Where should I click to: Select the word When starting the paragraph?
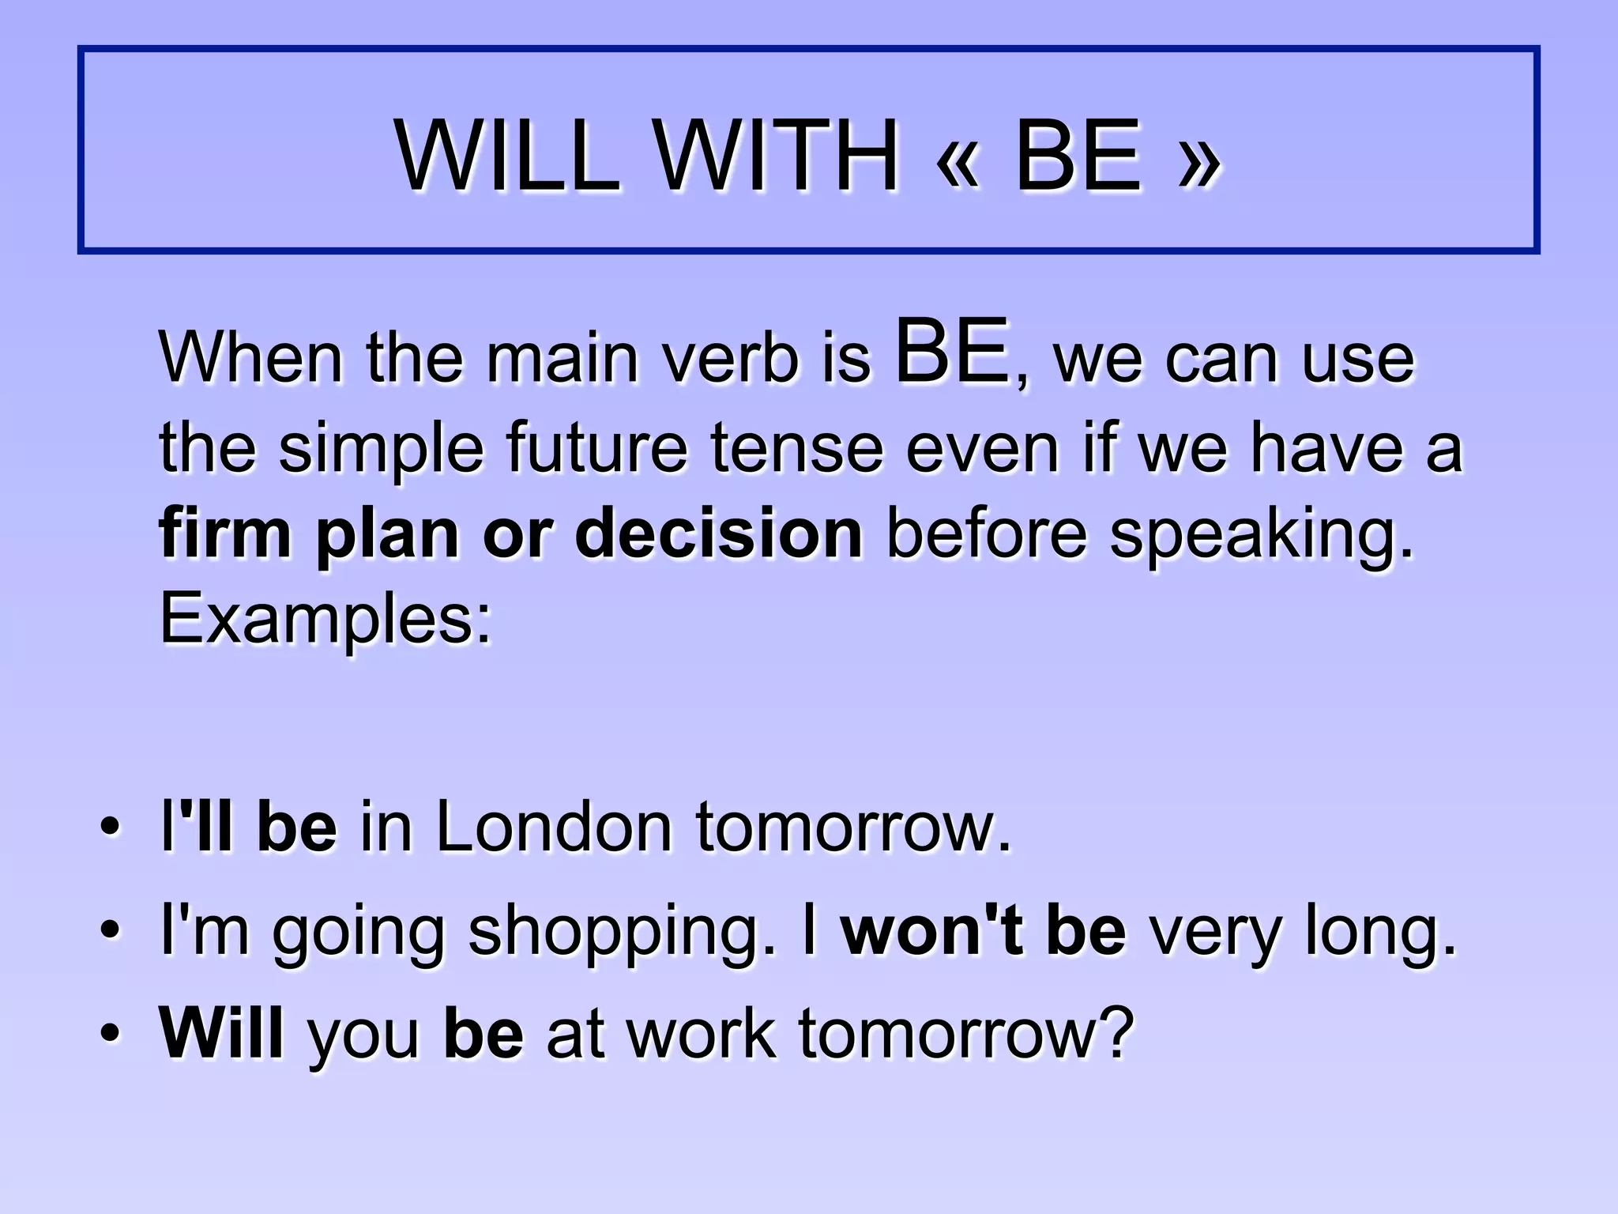point(251,358)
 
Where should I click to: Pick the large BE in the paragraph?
point(953,350)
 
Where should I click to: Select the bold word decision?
point(719,534)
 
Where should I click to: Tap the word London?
point(554,828)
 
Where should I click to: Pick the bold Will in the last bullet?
point(221,1033)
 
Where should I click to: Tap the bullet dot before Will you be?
point(111,1035)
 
